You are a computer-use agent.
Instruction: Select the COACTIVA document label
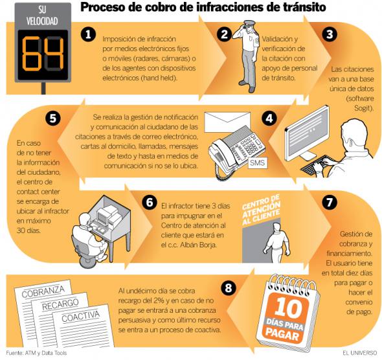pos(85,318)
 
